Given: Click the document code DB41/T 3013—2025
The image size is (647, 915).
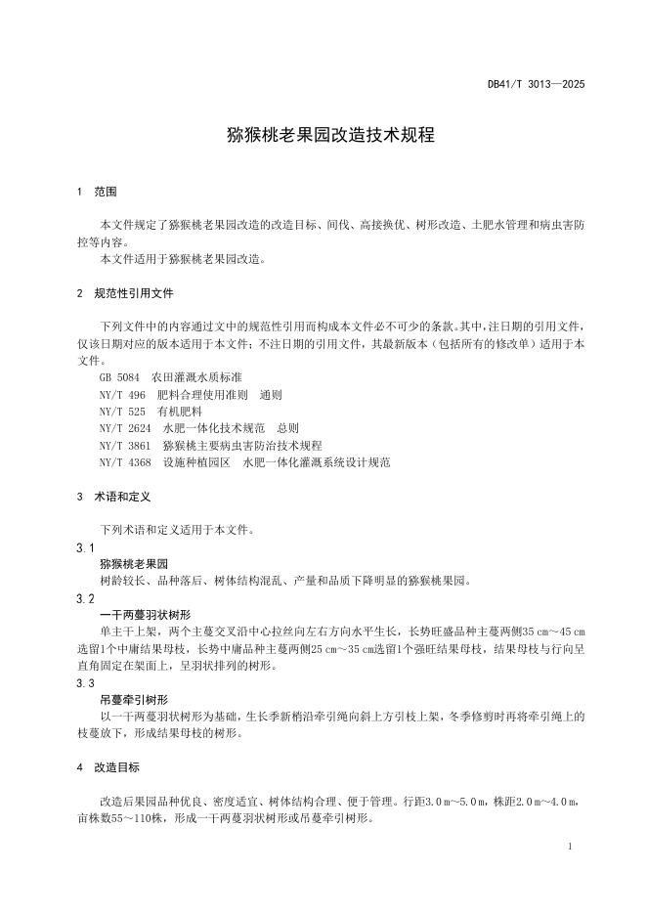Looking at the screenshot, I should point(536,85).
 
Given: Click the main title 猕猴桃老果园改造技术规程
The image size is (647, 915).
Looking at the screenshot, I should point(323,136).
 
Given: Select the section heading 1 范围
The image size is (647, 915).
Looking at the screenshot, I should point(98,192).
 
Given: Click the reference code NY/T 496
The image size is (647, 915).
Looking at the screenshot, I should point(122,395).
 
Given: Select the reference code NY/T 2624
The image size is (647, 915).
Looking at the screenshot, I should point(125,428).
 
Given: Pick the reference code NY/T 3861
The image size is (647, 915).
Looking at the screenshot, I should point(125,445).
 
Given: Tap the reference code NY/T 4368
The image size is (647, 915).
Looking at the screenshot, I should point(125,461).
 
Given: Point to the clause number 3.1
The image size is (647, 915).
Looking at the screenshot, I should point(85,547).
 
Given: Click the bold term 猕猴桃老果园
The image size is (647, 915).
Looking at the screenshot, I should point(135,564).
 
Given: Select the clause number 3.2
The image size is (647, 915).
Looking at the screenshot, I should point(85,598).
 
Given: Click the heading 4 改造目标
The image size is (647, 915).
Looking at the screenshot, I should point(108,768).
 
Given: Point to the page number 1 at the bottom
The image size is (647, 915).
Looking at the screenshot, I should point(569,846).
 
